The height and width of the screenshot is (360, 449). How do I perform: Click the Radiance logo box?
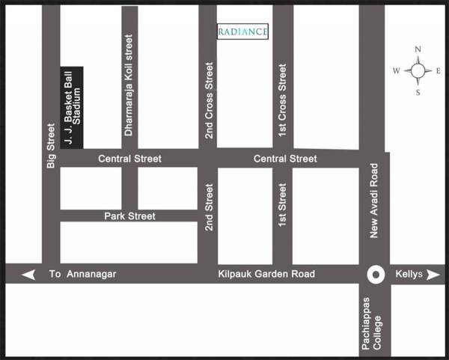242,31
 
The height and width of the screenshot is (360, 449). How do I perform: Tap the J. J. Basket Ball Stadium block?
71,107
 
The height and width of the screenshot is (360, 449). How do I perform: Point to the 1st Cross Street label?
282,101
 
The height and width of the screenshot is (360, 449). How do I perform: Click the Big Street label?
51,145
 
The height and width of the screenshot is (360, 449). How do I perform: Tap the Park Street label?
130,216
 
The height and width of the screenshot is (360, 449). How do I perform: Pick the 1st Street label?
282,210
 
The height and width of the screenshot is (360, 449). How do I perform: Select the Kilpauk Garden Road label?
267,275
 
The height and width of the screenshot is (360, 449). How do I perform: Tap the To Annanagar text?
83,275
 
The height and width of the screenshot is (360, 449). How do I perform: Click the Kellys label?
409,275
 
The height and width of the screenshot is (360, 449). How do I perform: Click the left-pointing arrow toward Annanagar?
28,275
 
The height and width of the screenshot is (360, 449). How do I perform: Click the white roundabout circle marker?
376,275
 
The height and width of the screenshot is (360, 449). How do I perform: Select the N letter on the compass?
418,50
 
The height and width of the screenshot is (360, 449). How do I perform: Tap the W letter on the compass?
397,71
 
